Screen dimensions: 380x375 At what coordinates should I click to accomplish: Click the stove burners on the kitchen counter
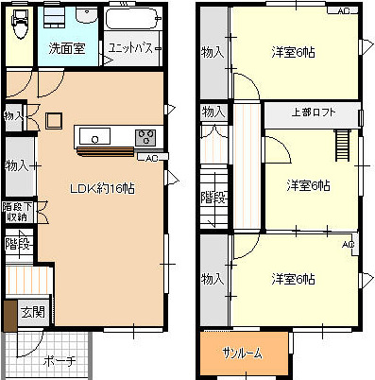146,137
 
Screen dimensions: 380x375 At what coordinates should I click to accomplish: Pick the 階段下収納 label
15,213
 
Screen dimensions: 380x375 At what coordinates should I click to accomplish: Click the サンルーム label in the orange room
242,353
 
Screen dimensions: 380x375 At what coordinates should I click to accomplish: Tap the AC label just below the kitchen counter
153,157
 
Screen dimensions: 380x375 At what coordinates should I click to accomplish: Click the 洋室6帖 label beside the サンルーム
293,279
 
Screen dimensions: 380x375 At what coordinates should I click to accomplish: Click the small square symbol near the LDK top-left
53,120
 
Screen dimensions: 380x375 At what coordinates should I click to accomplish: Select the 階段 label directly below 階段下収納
17,244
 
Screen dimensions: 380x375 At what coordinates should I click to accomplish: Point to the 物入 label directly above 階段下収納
16,166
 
